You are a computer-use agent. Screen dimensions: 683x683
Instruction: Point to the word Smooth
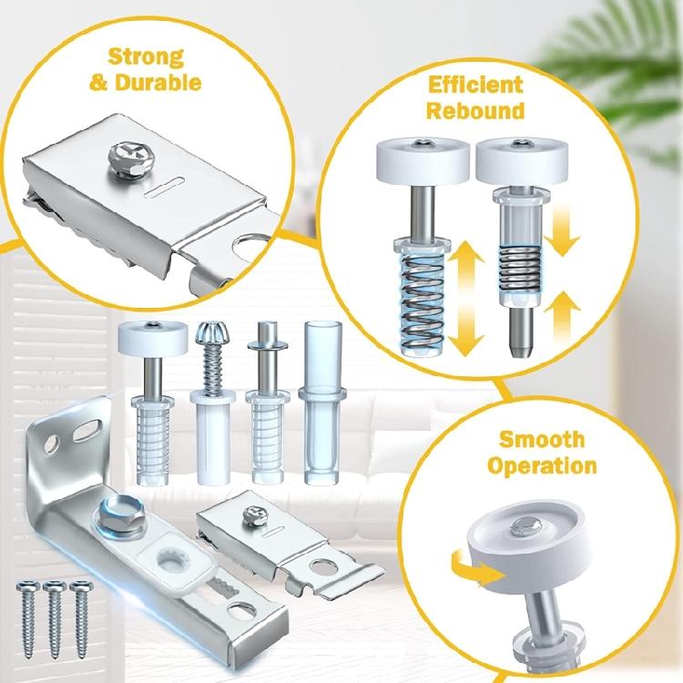coord(542,440)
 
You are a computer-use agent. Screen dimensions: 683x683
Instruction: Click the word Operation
coord(542,466)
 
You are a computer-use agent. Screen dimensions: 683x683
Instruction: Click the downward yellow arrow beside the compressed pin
coord(563,228)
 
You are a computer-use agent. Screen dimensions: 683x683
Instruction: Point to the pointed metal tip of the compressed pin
coord(516,344)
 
